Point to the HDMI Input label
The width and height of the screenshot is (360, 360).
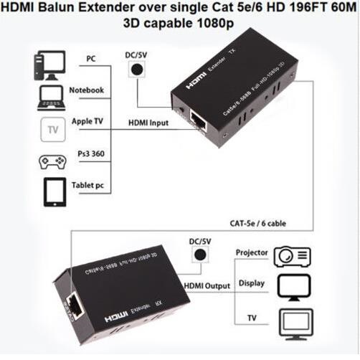tap(148, 123)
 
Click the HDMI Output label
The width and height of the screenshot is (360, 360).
tap(208, 286)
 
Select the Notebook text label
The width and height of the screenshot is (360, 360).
tap(87, 90)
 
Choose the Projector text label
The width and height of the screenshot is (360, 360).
tap(251, 253)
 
